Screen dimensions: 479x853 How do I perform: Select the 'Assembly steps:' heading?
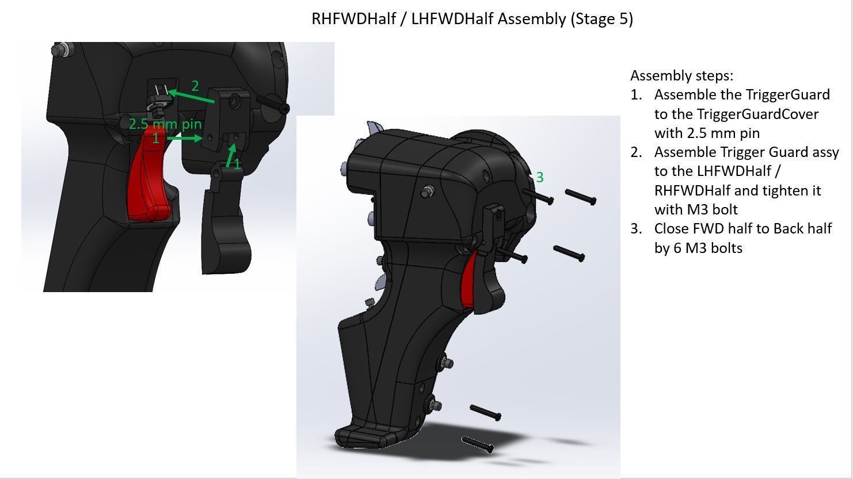[681, 76]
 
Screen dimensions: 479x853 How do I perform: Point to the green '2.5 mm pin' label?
[165, 124]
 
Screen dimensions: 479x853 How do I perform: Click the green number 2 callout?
[195, 86]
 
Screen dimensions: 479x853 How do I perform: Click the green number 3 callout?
[539, 178]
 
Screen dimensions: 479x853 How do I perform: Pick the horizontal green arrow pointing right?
[184, 138]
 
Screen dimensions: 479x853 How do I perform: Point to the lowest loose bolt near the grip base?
[478, 444]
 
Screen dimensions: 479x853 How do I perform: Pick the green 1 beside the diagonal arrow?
[237, 165]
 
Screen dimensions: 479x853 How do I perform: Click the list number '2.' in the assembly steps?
[636, 152]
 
